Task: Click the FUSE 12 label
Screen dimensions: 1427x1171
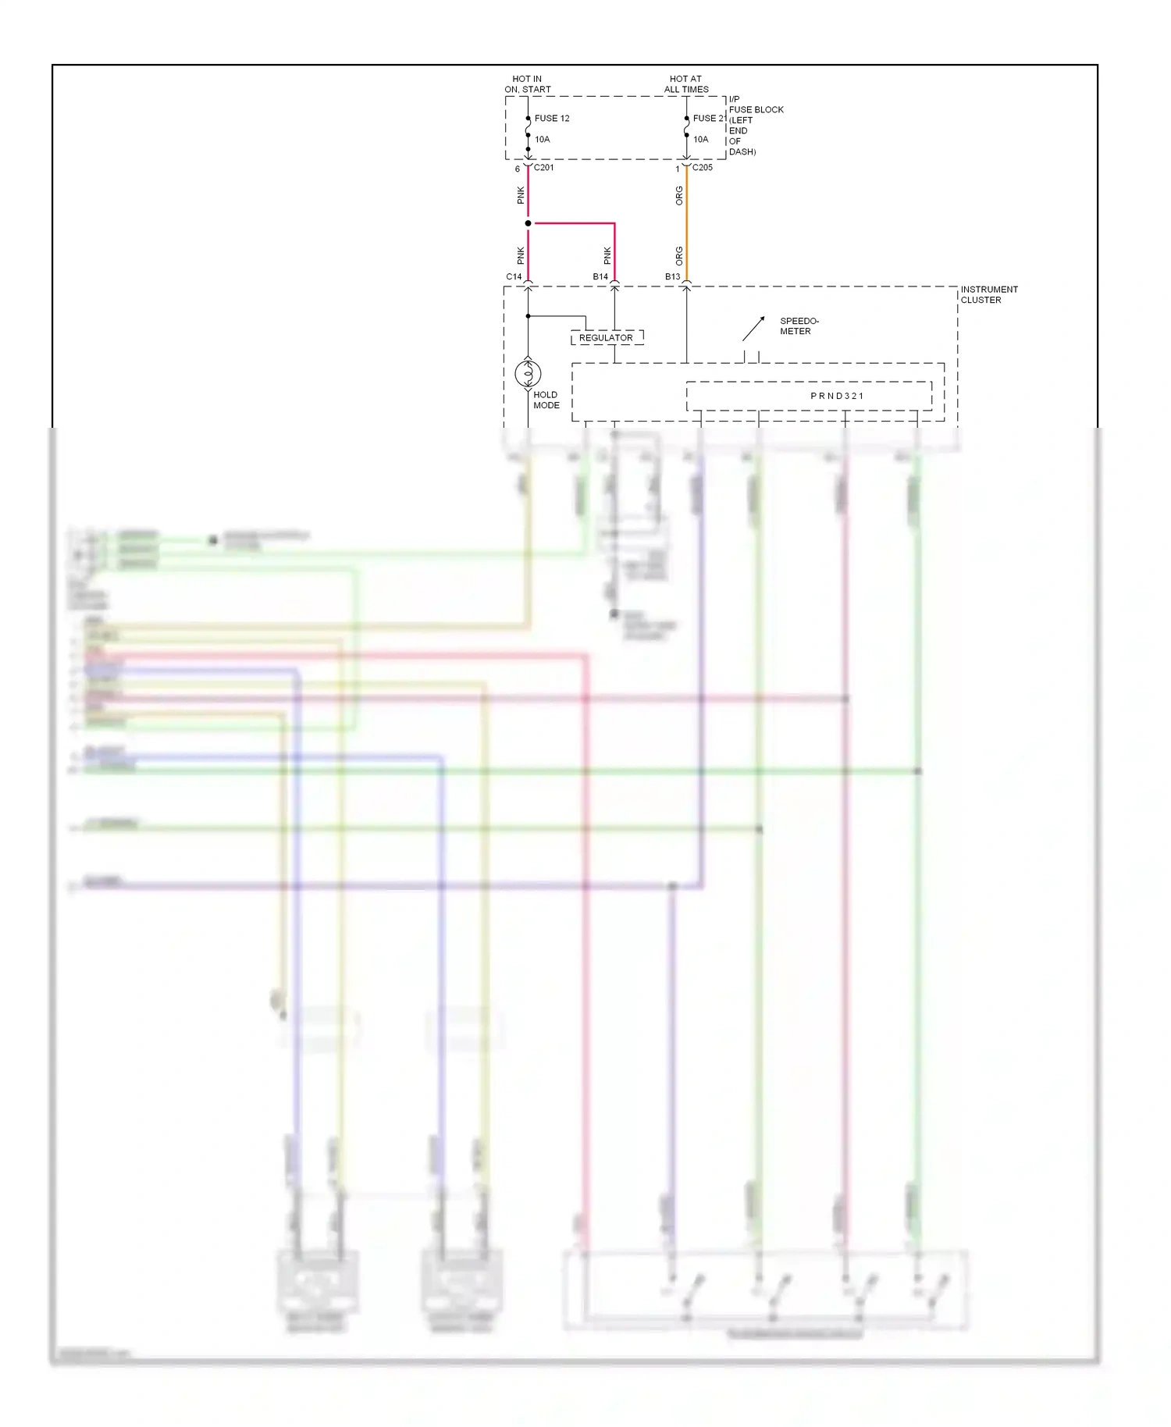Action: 551,119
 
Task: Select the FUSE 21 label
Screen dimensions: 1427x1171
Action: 709,119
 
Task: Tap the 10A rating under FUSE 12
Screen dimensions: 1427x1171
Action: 542,140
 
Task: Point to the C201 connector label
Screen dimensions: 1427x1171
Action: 544,168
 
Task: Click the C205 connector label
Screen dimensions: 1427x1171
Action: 702,168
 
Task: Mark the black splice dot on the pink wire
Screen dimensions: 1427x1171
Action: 528,224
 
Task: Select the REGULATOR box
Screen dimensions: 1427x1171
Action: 607,338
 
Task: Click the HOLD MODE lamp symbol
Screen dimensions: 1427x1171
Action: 528,374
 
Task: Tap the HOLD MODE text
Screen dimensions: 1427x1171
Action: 546,400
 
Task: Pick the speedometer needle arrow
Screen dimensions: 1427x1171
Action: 753,329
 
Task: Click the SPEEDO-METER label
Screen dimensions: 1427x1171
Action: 799,326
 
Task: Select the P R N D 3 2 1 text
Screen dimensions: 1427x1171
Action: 837,396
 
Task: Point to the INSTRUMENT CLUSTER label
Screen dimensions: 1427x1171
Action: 988,294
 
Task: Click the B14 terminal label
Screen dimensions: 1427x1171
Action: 600,277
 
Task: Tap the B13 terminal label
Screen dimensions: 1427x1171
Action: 672,277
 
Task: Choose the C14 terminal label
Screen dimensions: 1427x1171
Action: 514,277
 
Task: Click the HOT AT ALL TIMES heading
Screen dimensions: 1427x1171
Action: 685,84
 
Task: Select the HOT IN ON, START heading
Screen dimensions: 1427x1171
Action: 527,84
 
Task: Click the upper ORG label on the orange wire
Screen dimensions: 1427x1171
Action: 679,195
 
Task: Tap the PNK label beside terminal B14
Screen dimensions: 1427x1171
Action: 607,255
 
